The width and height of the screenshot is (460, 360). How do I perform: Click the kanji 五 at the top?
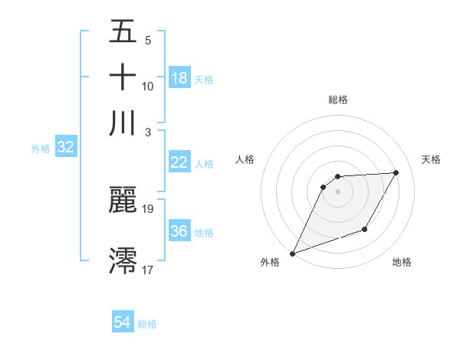123,32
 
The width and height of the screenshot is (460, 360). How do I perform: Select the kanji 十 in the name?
123,77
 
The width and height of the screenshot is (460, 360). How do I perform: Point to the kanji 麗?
123,200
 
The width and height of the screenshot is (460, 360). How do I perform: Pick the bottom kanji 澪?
123,260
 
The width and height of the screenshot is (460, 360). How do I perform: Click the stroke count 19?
148,208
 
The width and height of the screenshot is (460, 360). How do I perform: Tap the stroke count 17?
148,269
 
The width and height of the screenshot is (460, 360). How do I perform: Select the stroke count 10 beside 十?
148,87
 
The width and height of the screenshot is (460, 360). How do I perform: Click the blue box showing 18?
179,78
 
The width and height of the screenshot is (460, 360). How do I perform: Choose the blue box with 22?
179,162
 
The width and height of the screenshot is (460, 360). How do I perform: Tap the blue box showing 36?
179,231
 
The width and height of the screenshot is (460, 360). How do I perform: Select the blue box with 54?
123,323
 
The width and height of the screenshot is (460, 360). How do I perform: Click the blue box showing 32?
65,148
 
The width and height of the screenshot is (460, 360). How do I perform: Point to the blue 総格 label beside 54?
147,324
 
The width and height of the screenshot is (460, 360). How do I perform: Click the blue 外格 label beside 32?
41,149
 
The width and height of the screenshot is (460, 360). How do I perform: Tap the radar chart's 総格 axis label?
337,100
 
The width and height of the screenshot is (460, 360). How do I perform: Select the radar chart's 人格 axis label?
245,159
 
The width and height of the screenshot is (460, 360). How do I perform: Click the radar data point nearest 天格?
396,172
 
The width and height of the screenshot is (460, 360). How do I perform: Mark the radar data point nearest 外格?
292,254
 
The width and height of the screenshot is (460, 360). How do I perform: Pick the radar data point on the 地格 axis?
365,229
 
